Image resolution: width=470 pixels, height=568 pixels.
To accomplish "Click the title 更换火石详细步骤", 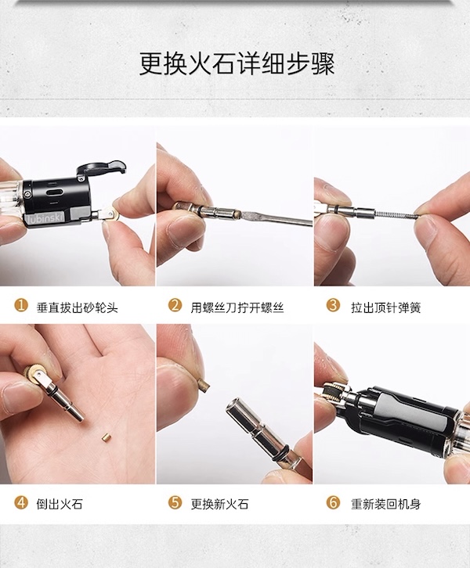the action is (237, 64).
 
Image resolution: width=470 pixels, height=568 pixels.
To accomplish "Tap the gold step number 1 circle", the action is (21, 305).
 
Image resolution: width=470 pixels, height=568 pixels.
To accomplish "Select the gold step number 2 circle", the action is (175, 305).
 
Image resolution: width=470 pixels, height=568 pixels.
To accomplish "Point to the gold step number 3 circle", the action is (333, 305).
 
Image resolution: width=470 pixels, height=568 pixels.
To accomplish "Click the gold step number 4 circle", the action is (21, 502).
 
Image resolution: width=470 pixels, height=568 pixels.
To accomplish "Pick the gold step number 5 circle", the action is (175, 502).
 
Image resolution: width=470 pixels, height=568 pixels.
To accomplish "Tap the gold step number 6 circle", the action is (333, 502).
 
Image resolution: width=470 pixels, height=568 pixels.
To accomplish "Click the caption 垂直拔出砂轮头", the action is (78, 308).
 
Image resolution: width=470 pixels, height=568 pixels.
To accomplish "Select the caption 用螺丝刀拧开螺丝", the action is (237, 308).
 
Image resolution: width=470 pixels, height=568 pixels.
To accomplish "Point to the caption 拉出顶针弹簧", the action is (386, 308).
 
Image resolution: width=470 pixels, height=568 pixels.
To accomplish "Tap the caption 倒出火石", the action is (60, 505).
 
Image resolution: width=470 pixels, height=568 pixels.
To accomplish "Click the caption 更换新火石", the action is (220, 505).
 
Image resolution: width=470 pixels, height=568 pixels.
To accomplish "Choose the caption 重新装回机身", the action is (386, 505).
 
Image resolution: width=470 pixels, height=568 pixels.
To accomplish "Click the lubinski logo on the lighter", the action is (45, 218).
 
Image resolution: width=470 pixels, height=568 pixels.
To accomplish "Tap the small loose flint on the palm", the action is (106, 437).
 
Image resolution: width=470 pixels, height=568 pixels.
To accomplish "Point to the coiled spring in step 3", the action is (396, 214).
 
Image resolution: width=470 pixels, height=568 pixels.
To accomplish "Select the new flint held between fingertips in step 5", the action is (204, 384).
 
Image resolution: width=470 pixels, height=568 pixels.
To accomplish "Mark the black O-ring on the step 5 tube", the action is (283, 451).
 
